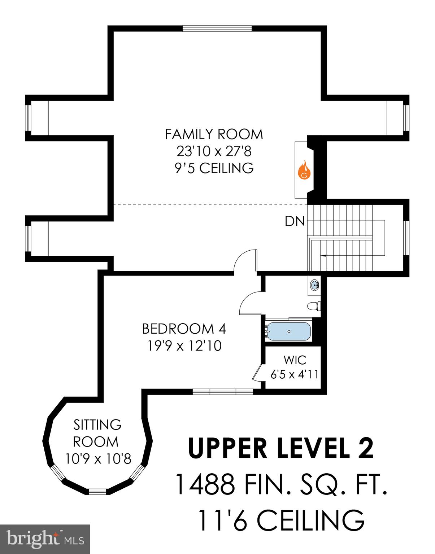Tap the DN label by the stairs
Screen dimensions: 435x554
click(295, 221)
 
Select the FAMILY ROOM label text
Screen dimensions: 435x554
click(214, 135)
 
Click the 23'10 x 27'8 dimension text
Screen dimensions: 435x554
click(214, 151)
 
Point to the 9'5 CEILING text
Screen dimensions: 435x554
click(214, 168)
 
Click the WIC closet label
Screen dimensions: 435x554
click(295, 360)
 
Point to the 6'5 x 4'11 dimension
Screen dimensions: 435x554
click(295, 375)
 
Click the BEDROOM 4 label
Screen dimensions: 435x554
click(184, 329)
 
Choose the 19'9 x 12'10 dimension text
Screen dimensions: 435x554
click(184, 346)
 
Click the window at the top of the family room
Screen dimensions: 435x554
click(217, 28)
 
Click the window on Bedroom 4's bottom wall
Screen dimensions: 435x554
click(223, 392)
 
